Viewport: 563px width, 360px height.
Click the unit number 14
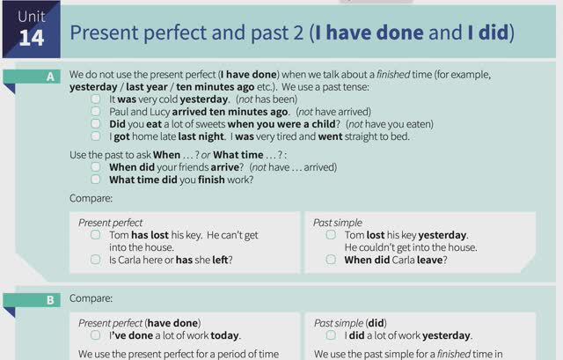coord(31,38)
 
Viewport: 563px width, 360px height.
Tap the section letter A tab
coord(50,77)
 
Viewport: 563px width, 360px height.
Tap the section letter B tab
coord(50,299)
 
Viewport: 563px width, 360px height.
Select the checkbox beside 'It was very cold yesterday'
coord(96,99)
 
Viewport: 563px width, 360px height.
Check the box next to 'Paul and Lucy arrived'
coord(96,112)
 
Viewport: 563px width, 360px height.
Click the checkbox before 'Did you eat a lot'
coord(96,124)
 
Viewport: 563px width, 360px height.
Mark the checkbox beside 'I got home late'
coord(96,136)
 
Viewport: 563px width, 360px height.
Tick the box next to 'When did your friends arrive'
coord(96,166)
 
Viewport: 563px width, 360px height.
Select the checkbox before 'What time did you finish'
coord(96,180)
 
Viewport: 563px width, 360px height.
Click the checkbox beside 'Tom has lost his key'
coord(95,235)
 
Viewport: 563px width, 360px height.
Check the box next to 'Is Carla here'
coord(95,260)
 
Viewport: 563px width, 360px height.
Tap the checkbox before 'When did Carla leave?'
coord(331,260)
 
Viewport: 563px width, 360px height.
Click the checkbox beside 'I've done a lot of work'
coord(95,335)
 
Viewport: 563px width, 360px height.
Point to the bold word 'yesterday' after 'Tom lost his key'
coord(442,235)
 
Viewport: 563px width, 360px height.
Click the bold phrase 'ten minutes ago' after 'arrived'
coord(246,112)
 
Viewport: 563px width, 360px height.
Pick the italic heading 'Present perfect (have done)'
coord(139,323)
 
